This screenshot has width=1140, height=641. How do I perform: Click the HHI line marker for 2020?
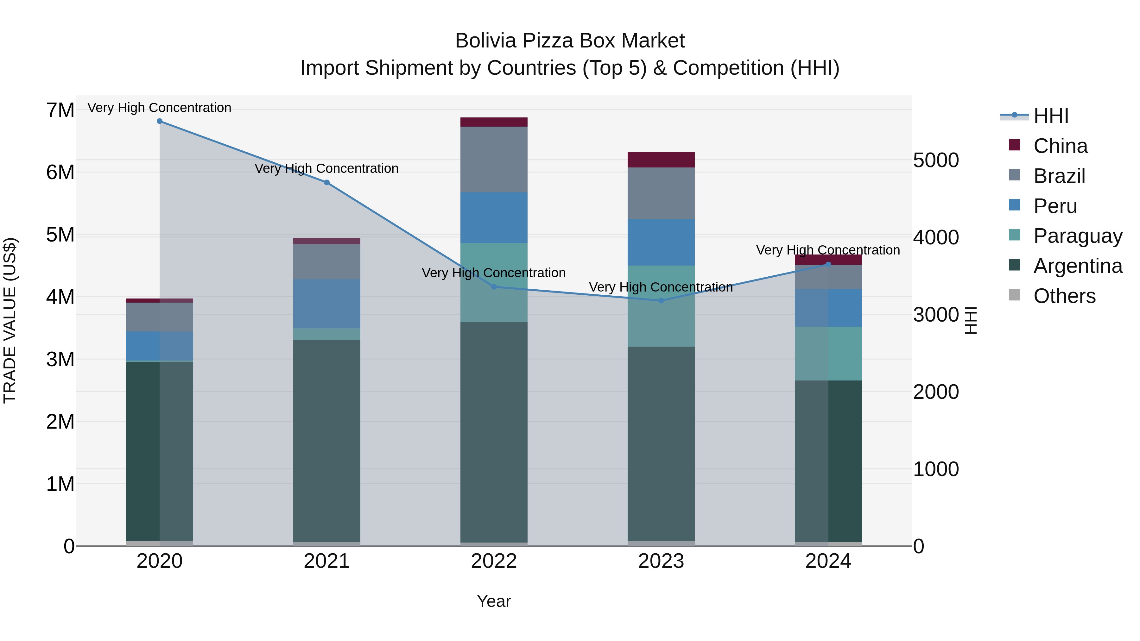pos(160,121)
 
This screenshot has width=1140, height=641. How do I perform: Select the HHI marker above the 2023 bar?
pos(661,301)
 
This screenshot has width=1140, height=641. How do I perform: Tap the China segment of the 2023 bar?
pos(661,160)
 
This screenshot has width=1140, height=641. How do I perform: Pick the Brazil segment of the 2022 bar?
pos(494,159)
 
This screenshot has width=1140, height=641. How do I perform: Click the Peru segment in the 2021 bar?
pos(326,304)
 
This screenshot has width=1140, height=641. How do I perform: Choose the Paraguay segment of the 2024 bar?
pos(828,354)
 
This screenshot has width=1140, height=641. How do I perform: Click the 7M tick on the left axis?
pos(60,110)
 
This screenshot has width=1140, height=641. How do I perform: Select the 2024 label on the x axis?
pos(828,561)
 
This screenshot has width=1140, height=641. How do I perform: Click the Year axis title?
pos(494,601)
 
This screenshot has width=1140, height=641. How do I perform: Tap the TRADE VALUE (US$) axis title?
pos(10,320)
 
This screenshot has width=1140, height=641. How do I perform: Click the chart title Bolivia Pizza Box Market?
pos(570,41)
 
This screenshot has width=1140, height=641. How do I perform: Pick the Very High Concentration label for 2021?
pos(326,168)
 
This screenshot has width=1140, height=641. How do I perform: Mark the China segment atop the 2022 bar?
pos(494,122)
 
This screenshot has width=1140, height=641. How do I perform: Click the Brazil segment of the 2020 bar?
pos(160,317)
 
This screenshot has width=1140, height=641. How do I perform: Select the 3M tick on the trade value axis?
pos(60,360)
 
